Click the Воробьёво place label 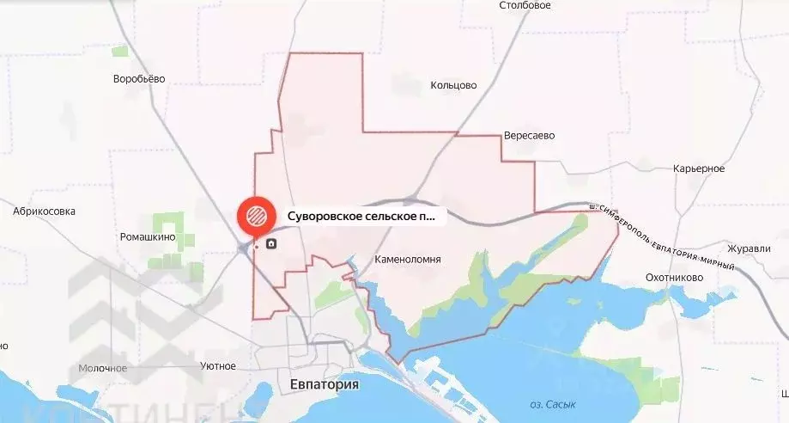click(x=138, y=79)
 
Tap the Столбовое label click(x=525, y=5)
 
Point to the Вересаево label click(x=530, y=136)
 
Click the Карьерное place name click(x=700, y=169)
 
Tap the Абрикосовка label click(x=45, y=211)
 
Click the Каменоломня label click(x=409, y=259)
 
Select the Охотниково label click(x=675, y=278)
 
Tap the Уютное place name click(x=218, y=366)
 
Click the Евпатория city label click(x=324, y=385)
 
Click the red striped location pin click(x=255, y=215)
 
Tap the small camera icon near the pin click(x=271, y=244)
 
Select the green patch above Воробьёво click(x=120, y=51)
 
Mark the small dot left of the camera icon click(x=256, y=248)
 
